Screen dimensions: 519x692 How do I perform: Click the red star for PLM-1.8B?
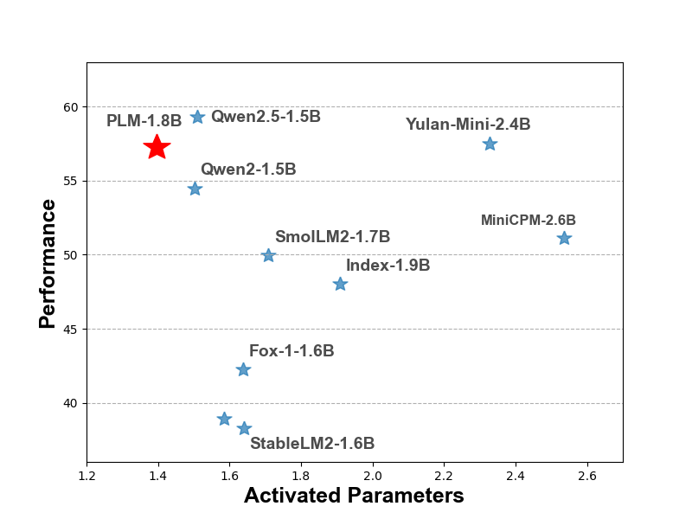157,147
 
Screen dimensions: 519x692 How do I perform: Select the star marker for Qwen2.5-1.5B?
197,117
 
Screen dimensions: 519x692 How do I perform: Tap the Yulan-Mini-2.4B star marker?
490,144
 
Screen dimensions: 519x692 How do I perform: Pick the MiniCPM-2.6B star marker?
564,238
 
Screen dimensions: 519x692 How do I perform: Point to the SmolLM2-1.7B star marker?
268,255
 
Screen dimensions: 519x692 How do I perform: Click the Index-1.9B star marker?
340,284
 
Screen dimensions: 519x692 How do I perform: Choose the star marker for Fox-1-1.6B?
243,369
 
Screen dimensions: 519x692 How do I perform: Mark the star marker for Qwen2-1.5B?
195,189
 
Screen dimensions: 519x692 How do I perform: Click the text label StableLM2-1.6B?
312,444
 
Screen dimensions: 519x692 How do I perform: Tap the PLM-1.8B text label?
144,121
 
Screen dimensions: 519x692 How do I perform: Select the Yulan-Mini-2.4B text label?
468,125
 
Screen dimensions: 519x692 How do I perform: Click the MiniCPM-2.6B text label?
528,221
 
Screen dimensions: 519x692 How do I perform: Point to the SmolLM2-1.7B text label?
332,237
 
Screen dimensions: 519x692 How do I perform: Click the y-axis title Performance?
48,264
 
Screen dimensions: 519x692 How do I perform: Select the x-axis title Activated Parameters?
354,496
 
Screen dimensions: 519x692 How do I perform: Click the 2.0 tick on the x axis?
373,474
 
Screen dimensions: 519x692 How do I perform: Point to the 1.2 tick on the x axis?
86,474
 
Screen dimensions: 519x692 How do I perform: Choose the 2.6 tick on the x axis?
587,474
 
